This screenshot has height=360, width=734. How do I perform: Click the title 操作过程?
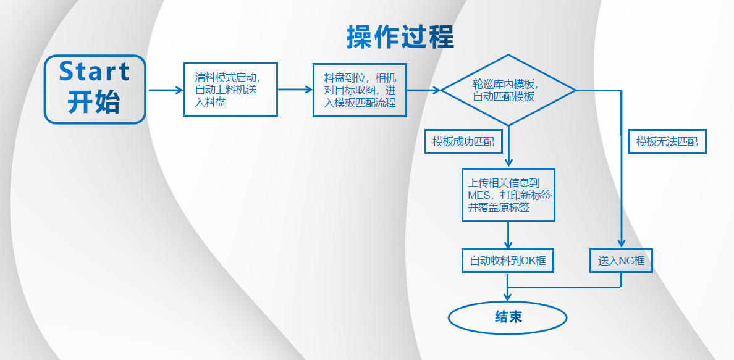(400, 37)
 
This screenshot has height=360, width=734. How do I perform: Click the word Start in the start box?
(94, 72)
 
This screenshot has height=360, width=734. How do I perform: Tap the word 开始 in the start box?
(94, 102)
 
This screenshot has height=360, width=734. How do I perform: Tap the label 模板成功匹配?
(463, 142)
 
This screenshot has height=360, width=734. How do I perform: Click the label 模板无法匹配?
(667, 141)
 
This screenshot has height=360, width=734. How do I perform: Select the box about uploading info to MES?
(508, 195)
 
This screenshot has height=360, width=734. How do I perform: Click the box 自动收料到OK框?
(508, 261)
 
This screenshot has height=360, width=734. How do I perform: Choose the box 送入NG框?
(621, 261)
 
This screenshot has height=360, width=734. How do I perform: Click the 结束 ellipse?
(508, 318)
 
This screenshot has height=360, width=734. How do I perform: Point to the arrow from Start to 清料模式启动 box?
(166, 90)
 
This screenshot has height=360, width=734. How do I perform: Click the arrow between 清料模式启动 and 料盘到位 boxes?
(295, 90)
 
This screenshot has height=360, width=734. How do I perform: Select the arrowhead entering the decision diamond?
(437, 90)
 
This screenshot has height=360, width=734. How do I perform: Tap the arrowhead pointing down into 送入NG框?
(621, 243)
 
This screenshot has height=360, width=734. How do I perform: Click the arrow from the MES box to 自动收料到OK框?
(508, 235)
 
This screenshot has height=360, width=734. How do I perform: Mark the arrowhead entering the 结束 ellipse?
(508, 297)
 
